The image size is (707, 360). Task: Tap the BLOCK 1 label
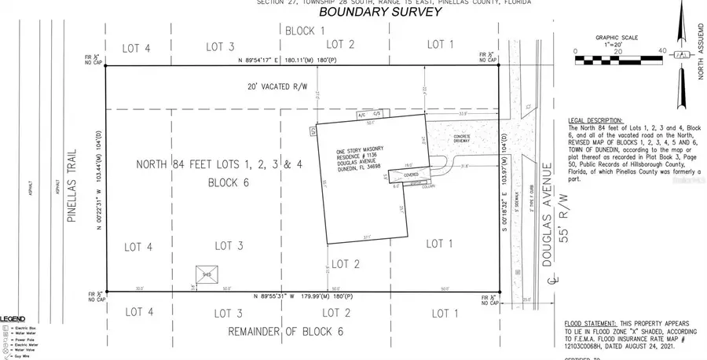tap(302, 31)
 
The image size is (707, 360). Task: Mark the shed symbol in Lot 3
tap(207, 274)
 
